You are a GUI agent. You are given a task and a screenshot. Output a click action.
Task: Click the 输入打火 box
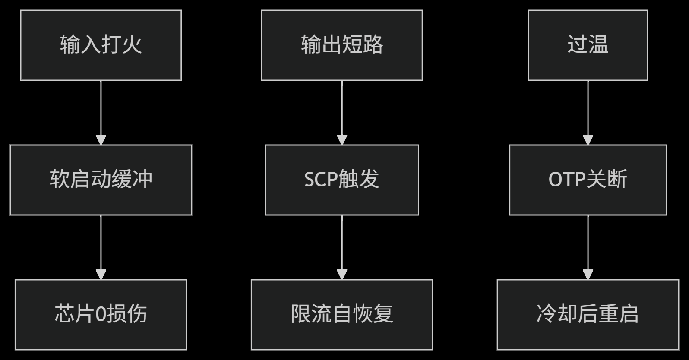(101, 45)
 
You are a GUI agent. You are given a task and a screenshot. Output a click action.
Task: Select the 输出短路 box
(341, 45)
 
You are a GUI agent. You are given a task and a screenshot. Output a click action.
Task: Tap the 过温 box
(588, 45)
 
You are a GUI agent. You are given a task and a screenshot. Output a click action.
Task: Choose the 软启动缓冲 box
(101, 180)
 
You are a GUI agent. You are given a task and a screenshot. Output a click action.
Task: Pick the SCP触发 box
(341, 180)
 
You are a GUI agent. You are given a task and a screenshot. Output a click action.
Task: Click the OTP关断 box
(588, 180)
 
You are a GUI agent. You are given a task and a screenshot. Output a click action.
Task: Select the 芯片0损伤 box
(101, 314)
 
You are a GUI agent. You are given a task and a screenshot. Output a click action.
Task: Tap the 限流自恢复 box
(341, 314)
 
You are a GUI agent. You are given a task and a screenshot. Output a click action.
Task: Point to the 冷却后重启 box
(588, 314)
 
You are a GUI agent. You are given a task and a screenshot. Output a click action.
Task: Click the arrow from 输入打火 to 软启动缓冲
(101, 112)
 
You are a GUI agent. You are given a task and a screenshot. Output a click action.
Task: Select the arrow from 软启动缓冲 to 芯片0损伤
(101, 247)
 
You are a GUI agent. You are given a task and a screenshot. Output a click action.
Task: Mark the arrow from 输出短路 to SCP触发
(341, 112)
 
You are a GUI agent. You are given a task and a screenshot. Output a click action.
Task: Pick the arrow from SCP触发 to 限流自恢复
(341, 247)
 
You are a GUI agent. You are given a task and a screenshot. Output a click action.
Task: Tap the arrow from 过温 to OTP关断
(588, 112)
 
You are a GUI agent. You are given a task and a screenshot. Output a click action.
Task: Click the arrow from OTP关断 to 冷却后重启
(588, 247)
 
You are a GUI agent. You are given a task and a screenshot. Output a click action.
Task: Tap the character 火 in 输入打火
(132, 44)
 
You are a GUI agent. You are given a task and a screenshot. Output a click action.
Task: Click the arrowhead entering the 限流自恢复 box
(341, 275)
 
